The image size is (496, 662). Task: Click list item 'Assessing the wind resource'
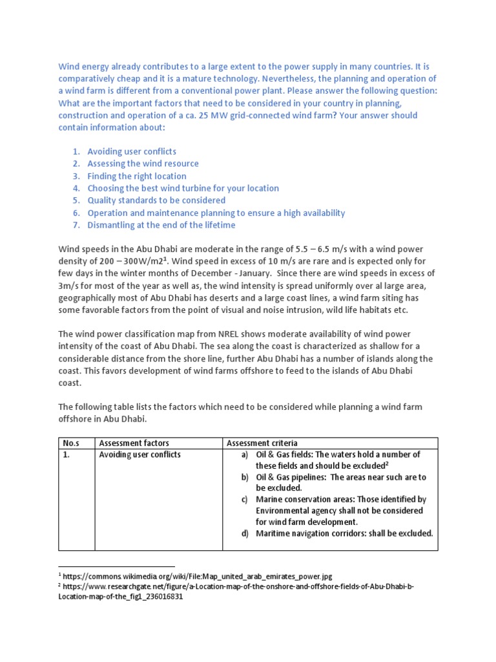tap(143, 164)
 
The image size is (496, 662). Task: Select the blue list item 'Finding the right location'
tap(137, 176)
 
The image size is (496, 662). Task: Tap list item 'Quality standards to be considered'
tap(156, 200)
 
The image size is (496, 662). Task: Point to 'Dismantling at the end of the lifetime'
tap(161, 225)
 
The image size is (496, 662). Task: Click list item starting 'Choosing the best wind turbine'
tap(183, 188)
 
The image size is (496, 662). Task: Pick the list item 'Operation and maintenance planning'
tap(216, 213)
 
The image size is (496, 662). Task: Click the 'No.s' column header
tap(70, 443)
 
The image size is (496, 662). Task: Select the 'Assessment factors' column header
tap(134, 443)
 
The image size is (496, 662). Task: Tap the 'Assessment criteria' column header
tap(262, 443)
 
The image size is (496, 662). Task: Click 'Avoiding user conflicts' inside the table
tap(140, 454)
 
